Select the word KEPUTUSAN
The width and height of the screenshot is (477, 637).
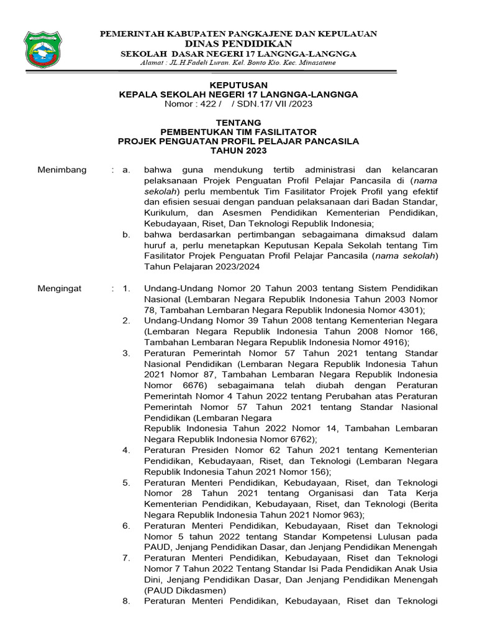(x=238, y=85)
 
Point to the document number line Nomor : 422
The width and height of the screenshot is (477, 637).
(x=238, y=103)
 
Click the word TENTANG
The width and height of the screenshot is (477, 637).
(x=238, y=123)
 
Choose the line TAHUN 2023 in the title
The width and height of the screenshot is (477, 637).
(x=238, y=151)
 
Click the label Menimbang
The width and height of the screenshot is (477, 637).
(x=62, y=170)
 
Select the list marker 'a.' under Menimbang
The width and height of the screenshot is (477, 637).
(x=126, y=170)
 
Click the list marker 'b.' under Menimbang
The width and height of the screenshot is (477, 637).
(x=126, y=235)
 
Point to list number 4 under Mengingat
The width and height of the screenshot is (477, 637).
(x=126, y=450)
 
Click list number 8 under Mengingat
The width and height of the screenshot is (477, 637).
(x=126, y=601)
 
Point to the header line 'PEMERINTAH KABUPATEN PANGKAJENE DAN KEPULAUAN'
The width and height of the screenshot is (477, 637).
(x=238, y=34)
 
